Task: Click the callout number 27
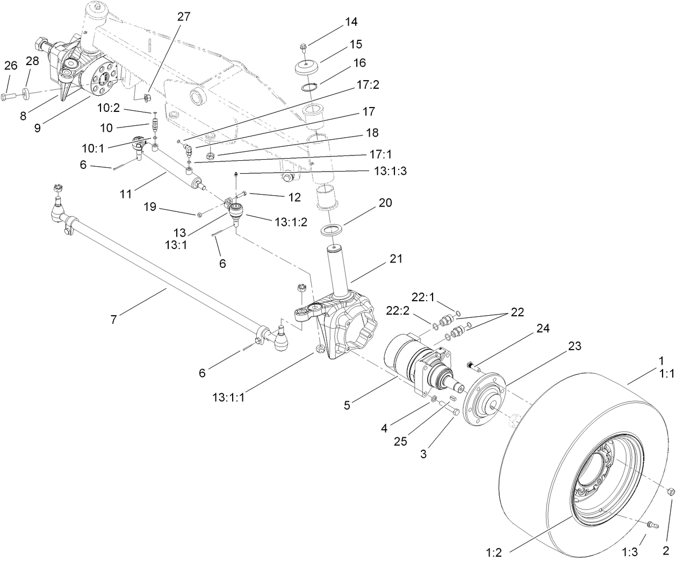click(x=183, y=17)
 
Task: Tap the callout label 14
click(x=351, y=22)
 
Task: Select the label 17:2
click(x=367, y=84)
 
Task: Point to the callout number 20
click(x=385, y=203)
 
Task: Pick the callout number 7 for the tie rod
click(x=113, y=319)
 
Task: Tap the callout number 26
click(x=11, y=66)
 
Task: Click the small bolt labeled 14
click(x=305, y=46)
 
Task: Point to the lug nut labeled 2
click(x=671, y=492)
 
